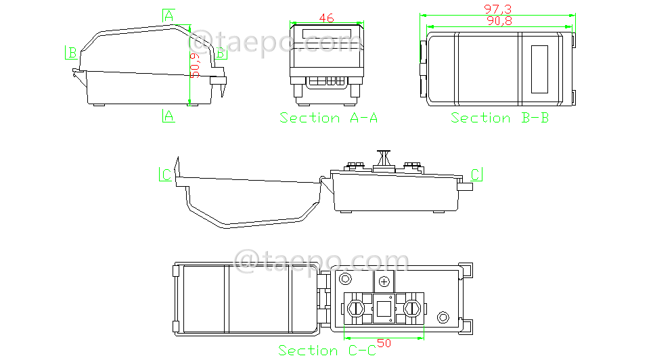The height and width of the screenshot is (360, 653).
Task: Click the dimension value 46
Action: (x=326, y=19)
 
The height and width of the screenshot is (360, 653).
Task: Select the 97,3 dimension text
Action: (x=497, y=9)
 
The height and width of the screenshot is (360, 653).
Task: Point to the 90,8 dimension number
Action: (x=499, y=21)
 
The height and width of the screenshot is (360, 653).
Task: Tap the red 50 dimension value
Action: (x=384, y=343)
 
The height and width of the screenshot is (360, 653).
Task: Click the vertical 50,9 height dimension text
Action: (x=195, y=64)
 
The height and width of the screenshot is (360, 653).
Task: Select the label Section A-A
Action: (x=329, y=118)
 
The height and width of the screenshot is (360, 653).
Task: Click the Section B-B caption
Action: (x=500, y=118)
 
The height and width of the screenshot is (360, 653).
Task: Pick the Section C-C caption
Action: (x=327, y=351)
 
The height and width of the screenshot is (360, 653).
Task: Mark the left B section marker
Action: (x=71, y=52)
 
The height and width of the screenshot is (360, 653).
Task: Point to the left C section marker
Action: (x=166, y=175)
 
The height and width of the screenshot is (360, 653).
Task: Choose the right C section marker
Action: (x=476, y=175)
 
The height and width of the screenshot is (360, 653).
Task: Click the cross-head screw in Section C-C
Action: (x=385, y=282)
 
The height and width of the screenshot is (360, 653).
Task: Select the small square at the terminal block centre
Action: (x=384, y=309)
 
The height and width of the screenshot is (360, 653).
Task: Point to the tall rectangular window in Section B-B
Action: (x=540, y=69)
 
